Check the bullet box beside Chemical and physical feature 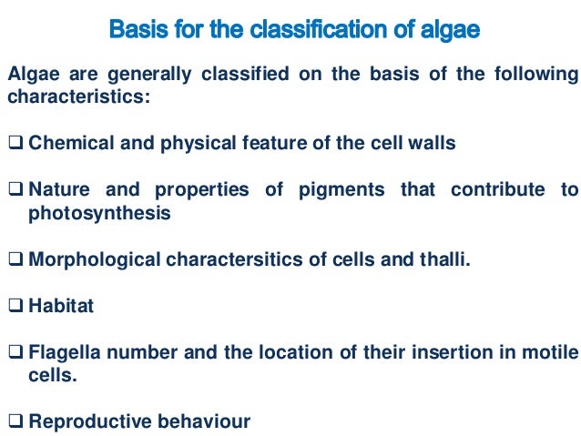click(x=16, y=143)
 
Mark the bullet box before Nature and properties click(x=16, y=189)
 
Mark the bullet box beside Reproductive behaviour click(x=16, y=421)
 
